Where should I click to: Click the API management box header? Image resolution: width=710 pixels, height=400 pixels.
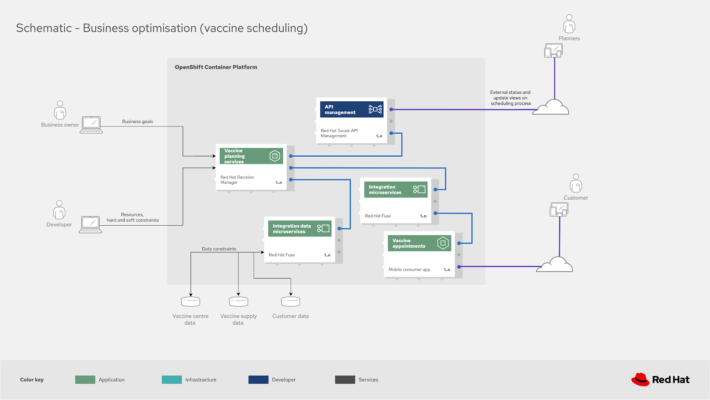[x=351, y=109]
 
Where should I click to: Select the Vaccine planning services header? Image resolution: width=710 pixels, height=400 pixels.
[x=251, y=156]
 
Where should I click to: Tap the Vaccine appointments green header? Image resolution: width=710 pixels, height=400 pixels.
[x=419, y=243]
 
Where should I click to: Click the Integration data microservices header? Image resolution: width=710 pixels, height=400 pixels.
[x=300, y=228]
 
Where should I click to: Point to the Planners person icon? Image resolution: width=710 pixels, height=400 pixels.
[x=569, y=24]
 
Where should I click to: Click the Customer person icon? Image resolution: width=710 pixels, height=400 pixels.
[x=575, y=183]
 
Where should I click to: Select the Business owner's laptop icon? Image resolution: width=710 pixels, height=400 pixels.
[x=91, y=125]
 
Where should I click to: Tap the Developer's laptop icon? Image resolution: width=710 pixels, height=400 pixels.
[x=90, y=225]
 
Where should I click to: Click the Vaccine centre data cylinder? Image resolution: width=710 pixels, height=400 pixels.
[x=191, y=301]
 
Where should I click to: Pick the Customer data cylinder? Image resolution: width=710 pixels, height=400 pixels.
[x=291, y=301]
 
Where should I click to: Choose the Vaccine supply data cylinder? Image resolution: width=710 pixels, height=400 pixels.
[x=239, y=301]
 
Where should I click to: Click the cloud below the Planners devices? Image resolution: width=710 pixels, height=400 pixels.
[x=551, y=107]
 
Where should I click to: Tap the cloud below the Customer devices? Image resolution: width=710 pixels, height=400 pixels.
[x=555, y=265]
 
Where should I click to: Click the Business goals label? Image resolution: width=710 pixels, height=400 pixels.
[x=137, y=122]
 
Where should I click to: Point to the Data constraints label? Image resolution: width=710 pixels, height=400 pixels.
[x=219, y=249]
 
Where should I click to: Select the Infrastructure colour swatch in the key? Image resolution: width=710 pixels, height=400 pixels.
[x=172, y=380]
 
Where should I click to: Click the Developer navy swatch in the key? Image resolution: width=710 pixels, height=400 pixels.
[x=258, y=380]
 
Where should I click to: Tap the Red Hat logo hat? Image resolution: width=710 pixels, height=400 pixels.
[x=640, y=380]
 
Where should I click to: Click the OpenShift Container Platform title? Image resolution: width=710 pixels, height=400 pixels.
[x=216, y=67]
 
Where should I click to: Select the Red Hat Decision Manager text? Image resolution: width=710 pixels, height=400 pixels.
[x=237, y=180]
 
